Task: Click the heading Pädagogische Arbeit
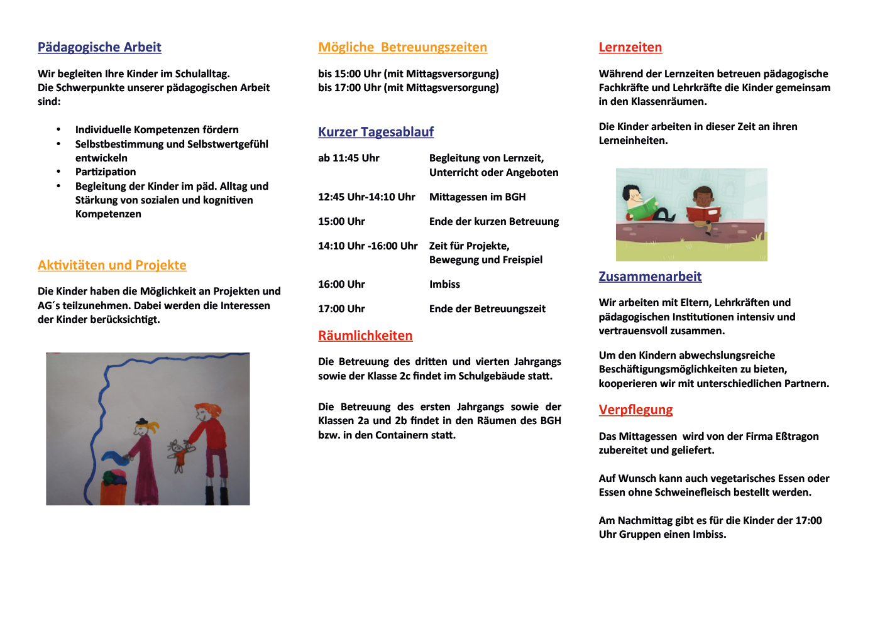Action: (99, 47)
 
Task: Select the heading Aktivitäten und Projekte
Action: (112, 265)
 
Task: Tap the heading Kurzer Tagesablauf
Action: (376, 132)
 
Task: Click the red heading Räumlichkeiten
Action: (365, 336)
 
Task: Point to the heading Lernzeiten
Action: (630, 47)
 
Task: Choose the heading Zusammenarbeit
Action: (650, 276)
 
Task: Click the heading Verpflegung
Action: (635, 410)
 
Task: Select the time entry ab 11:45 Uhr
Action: (348, 158)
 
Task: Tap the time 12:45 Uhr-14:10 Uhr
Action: (366, 197)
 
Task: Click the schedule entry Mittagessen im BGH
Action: (477, 197)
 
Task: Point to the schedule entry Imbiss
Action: (444, 284)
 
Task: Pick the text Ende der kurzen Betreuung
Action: (493, 221)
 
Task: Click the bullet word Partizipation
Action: (106, 172)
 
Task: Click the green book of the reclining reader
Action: (642, 209)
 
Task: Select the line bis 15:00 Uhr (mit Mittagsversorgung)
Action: (408, 74)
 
